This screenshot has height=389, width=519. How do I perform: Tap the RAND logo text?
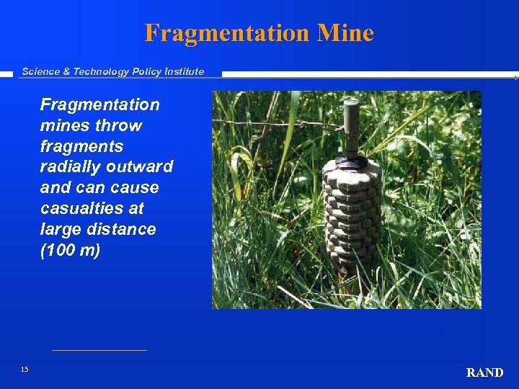[x=484, y=372]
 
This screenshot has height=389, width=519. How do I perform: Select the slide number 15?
[x=25, y=370]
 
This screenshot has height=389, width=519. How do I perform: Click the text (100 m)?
[x=70, y=250]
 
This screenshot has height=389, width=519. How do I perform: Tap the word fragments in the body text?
[x=81, y=146]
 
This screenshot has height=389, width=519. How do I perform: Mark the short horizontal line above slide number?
[x=99, y=351]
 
